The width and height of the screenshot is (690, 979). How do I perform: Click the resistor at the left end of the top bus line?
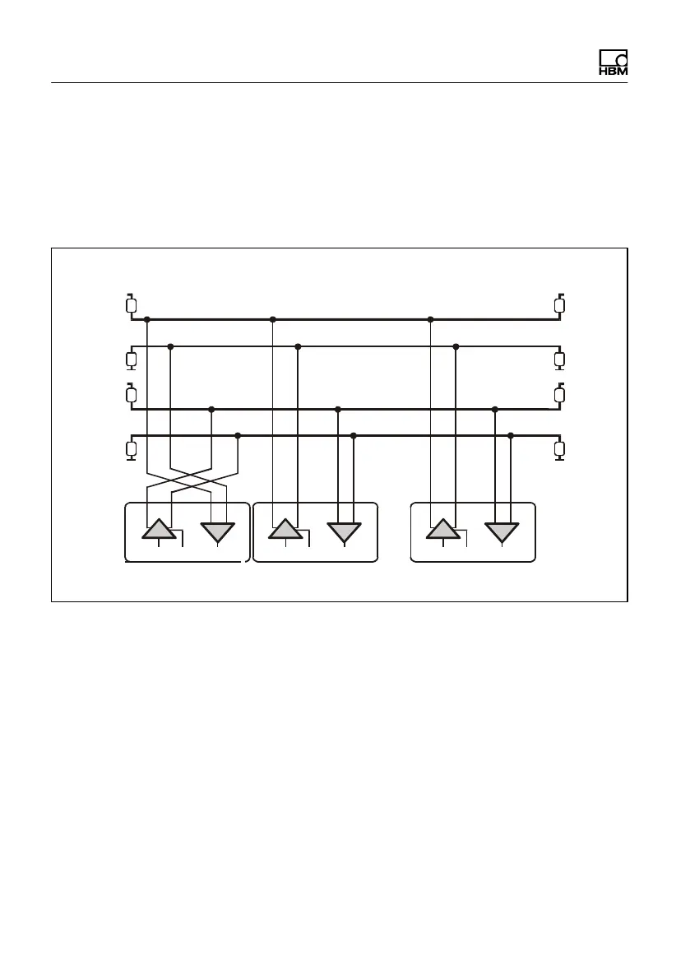pos(131,306)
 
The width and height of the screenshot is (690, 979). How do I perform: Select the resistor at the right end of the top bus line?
pos(560,306)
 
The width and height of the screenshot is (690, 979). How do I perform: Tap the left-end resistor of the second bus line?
pos(131,360)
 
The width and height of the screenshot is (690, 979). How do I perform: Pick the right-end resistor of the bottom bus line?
pos(560,448)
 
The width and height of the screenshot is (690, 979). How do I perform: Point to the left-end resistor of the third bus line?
pos(131,395)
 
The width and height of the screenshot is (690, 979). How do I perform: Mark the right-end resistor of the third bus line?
pos(560,395)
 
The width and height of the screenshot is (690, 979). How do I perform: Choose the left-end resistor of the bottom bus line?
pos(131,448)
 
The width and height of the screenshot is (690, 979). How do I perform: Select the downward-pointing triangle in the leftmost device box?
pos(218,531)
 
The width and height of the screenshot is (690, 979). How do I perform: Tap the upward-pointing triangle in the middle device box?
pos(285,529)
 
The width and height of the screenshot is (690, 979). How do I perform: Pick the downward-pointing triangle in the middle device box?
pos(344,531)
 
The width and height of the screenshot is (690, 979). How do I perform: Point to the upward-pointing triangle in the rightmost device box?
pos(443,529)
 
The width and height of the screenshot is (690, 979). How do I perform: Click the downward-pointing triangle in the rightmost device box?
pos(502,531)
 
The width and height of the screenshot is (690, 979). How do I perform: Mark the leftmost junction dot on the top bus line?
pos(146,319)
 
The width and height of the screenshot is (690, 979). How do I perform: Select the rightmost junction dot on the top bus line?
pos(430,319)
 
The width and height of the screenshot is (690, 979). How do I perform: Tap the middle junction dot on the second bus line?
pos(298,346)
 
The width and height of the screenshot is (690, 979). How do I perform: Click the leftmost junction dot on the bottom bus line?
pos(238,435)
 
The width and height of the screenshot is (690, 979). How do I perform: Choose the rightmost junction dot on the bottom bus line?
pos(511,435)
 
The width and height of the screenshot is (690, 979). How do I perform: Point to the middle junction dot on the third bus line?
pos(338,409)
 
